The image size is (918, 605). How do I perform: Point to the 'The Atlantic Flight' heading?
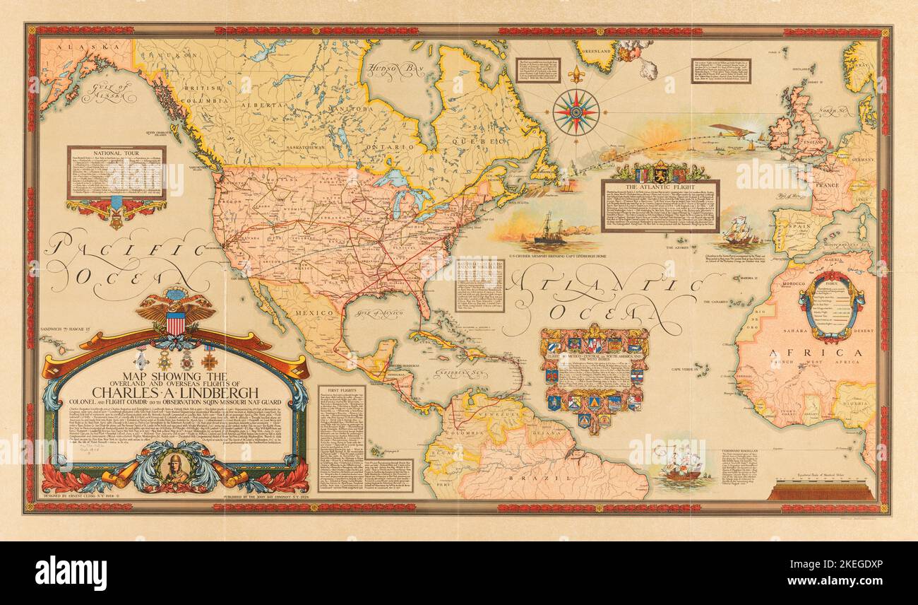(660, 186)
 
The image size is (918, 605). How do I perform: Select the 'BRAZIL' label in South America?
(555, 478)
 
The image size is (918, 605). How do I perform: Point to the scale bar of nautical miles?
(821, 490)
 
